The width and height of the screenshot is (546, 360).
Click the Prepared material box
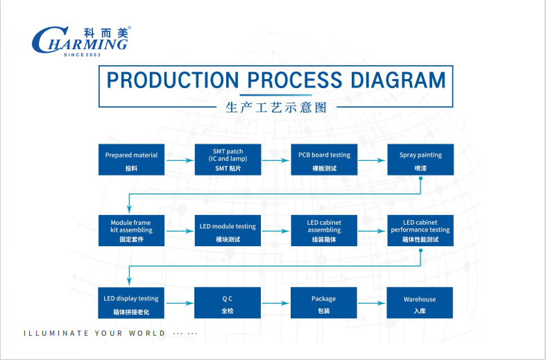click(x=131, y=160)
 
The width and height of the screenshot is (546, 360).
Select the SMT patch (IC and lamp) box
click(x=228, y=160)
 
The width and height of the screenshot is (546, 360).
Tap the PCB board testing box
click(x=324, y=160)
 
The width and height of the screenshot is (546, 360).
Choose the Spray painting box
click(x=420, y=160)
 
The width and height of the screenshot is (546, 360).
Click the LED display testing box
click(x=131, y=303)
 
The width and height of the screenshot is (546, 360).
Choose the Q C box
click(x=228, y=303)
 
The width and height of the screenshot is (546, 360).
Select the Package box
click(x=324, y=303)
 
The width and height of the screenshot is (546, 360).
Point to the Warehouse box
click(x=420, y=303)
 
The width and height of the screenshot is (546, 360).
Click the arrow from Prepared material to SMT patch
click(x=180, y=160)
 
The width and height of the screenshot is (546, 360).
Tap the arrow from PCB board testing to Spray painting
click(x=373, y=160)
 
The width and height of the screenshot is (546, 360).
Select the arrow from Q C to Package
click(x=276, y=303)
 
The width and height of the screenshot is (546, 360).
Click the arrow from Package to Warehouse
click(x=373, y=303)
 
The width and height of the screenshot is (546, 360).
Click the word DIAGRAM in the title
click(x=390, y=80)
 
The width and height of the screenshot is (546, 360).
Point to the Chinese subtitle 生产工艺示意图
click(x=276, y=108)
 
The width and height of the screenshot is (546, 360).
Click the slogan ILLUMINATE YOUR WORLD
click(x=95, y=334)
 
